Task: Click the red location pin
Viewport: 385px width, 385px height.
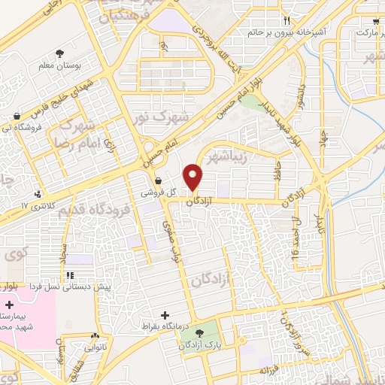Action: [194, 177]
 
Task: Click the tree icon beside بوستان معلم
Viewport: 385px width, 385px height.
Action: [59, 53]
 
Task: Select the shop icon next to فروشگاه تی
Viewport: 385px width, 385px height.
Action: [17, 115]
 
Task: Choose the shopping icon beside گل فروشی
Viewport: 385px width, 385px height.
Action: [158, 180]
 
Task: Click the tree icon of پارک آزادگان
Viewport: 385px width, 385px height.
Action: [199, 333]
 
